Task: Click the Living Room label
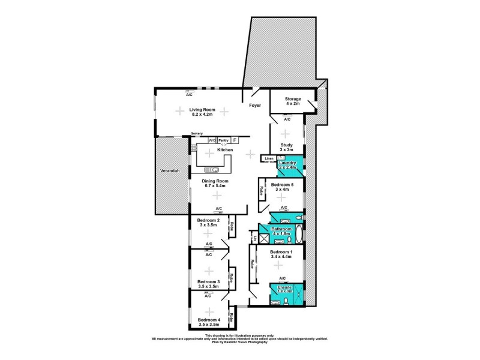tap(202, 109)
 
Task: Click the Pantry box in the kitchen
tap(223, 140)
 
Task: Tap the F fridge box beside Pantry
tap(235, 140)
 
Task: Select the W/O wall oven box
tap(212, 140)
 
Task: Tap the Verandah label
tap(170, 172)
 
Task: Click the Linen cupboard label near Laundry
tap(269, 159)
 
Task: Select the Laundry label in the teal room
tap(289, 162)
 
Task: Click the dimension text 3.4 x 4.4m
tap(280, 256)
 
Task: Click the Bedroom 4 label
tap(208, 320)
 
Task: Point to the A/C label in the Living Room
tap(189, 95)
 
